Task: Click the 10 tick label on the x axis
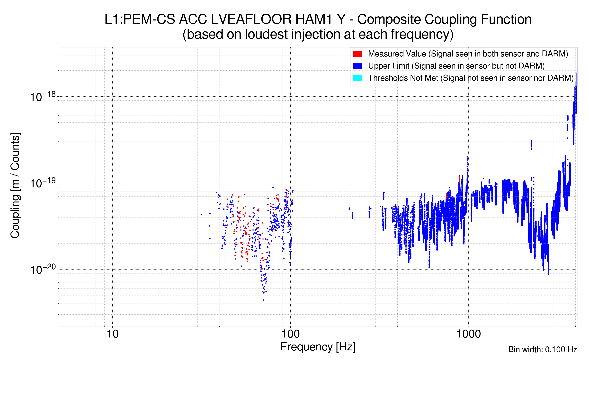pyautogui.click(x=112, y=334)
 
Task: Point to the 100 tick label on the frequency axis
pyautogui.click(x=290, y=334)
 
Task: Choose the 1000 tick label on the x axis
pyautogui.click(x=468, y=334)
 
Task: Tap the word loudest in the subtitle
pyautogui.click(x=266, y=34)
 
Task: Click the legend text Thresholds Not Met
pyautogui.click(x=403, y=78)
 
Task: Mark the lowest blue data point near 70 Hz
pyautogui.click(x=263, y=300)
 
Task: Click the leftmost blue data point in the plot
pyautogui.click(x=202, y=215)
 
